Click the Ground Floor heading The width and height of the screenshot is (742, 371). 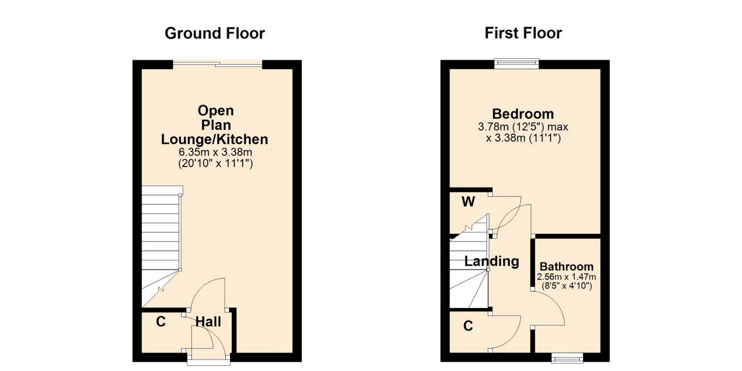[214, 34]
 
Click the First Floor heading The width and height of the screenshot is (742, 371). [523, 33]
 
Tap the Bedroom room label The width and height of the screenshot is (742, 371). [523, 114]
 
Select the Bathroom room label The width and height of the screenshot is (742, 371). [567, 267]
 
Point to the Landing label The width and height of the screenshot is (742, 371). [492, 261]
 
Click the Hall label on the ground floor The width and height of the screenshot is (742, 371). [208, 322]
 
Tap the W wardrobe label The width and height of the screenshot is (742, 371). [468, 201]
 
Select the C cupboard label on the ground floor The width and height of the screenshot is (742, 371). [161, 322]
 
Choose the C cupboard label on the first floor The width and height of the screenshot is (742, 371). [468, 326]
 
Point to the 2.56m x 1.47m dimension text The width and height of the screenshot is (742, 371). [567, 277]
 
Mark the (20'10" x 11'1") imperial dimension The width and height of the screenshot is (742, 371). [215, 163]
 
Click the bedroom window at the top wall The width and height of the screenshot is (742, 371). [517, 63]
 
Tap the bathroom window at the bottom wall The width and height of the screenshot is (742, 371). [567, 358]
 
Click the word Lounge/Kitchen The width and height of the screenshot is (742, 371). [214, 139]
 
